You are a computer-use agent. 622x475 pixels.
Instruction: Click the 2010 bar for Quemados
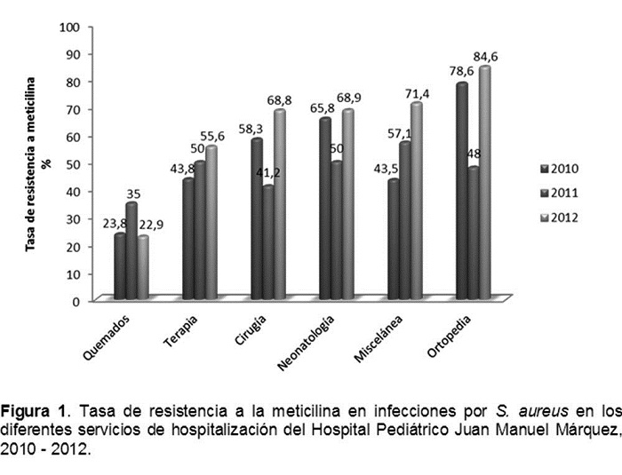tap(120, 266)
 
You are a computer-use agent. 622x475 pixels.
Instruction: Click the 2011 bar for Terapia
tap(200, 231)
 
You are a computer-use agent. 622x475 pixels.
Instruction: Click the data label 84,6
tap(485, 57)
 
